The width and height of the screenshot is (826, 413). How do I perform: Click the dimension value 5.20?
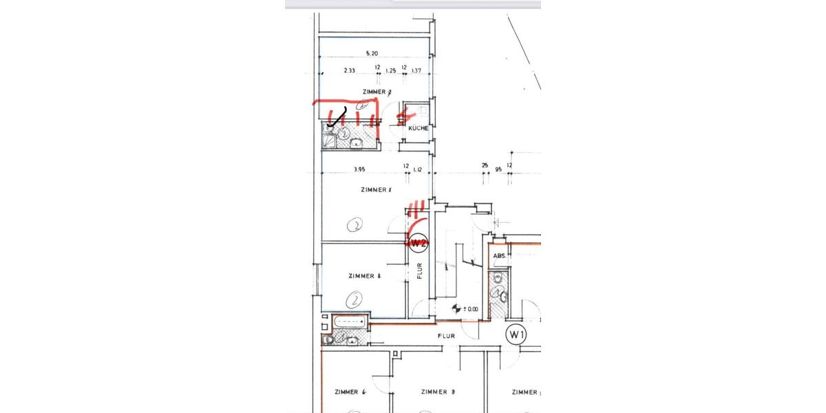pyautogui.click(x=372, y=53)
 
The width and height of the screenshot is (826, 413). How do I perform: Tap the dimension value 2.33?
pyautogui.click(x=349, y=70)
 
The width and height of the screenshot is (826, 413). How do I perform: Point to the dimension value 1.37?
pyautogui.click(x=416, y=70)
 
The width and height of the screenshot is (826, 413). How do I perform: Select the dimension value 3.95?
pyautogui.click(x=359, y=169)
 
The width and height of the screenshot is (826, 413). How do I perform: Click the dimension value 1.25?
pyautogui.click(x=391, y=70)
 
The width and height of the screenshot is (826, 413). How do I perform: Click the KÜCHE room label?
pyautogui.click(x=419, y=129)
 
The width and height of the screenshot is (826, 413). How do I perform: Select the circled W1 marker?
pyautogui.click(x=517, y=335)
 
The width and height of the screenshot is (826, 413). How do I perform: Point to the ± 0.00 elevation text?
pyautogui.click(x=470, y=310)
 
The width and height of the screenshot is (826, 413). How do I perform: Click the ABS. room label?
pyautogui.click(x=500, y=255)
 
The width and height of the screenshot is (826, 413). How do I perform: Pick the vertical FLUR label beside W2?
pyautogui.click(x=419, y=270)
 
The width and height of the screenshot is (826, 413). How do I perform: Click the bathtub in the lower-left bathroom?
pyautogui.click(x=350, y=321)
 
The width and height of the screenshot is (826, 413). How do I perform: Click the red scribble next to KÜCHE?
pyautogui.click(x=405, y=115)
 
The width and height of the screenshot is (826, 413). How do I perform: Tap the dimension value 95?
pyautogui.click(x=498, y=169)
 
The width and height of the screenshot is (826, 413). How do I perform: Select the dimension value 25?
pyautogui.click(x=485, y=165)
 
